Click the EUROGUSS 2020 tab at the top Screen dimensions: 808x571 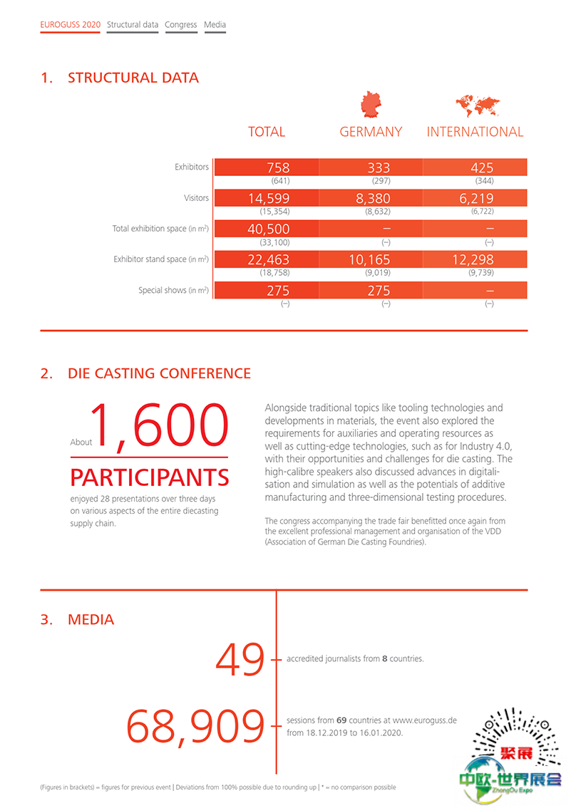click(70, 24)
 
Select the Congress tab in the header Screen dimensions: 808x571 click(180, 24)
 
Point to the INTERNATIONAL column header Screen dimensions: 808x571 click(475, 132)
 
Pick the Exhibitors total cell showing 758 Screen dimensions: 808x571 click(278, 167)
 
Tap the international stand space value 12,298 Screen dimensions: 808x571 click(473, 260)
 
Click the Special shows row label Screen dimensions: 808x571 click(173, 291)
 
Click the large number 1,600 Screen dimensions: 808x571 click(158, 427)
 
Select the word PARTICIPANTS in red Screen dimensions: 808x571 click(150, 477)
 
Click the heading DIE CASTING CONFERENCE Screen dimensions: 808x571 click(159, 373)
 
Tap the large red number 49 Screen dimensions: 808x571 click(240, 660)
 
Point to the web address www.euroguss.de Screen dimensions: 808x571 click(424, 720)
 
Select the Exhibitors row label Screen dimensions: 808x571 click(192, 167)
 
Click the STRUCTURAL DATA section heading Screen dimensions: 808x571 click(133, 78)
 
